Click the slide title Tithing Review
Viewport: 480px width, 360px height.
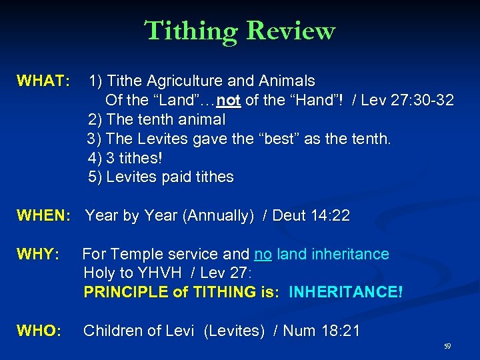click(239, 31)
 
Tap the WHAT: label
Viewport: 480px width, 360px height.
click(43, 81)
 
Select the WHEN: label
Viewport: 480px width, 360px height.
click(43, 215)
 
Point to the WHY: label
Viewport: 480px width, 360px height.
click(39, 254)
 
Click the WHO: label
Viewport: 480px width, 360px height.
click(39, 331)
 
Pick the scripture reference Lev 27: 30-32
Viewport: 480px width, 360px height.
click(407, 101)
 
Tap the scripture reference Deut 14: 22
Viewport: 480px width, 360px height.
click(307, 215)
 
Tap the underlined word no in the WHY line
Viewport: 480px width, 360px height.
click(263, 254)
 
